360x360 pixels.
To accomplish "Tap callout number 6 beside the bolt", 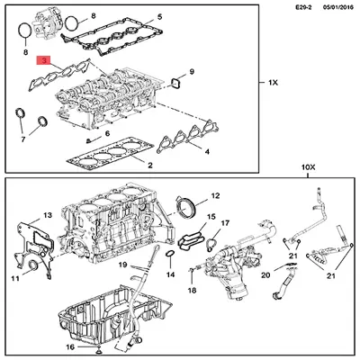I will [x=109, y=134].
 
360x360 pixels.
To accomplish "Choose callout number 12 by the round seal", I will [x=214, y=195].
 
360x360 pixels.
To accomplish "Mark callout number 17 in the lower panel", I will [x=226, y=222].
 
